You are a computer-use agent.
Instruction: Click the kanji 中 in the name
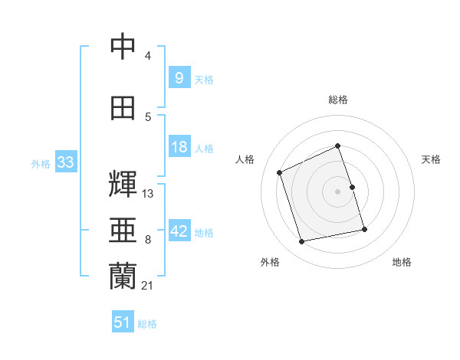pos(123,46)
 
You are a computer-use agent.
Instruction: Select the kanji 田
pos(123,108)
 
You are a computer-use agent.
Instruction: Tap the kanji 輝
pos(123,184)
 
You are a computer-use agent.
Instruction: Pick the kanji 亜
pos(123,230)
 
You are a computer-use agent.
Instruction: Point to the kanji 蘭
pos(123,276)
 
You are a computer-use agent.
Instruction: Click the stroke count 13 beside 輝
pos(147,194)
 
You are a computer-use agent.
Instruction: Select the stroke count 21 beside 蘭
pos(147,286)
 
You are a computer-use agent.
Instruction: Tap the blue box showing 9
pos(179,77)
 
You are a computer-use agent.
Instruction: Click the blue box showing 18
pos(179,146)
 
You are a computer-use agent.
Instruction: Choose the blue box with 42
pos(179,230)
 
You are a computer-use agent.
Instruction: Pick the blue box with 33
pos(66,162)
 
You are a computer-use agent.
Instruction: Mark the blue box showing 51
pos(123,321)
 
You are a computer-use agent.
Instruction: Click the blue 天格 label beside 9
pos(204,80)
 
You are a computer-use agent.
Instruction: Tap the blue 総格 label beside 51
pos(147,324)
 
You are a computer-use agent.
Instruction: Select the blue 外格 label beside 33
pos(41,164)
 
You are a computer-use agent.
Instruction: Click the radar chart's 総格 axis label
pos(338,100)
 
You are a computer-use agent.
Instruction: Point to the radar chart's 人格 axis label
pos(245,159)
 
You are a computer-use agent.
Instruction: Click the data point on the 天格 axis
pos(353,187)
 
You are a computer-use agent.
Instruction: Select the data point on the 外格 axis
pos(301,241)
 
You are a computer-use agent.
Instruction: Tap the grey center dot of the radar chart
pos(337,191)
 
